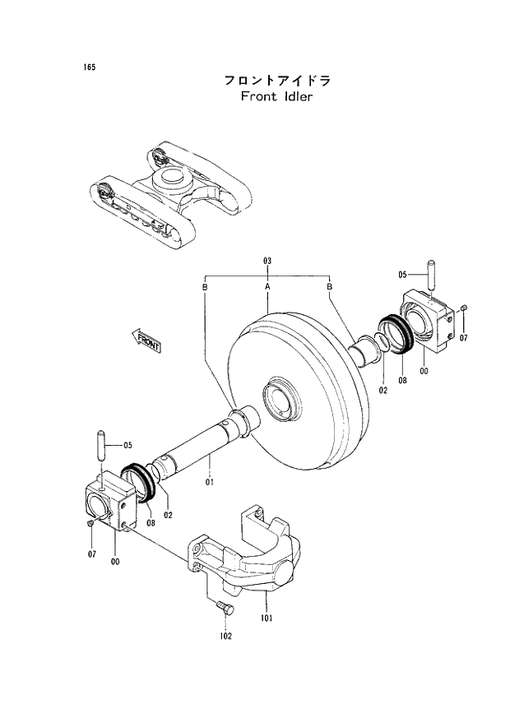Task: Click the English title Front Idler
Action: pos(277,96)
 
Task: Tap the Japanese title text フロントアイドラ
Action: pos(277,81)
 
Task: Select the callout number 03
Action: pos(267,261)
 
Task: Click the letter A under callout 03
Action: pos(267,286)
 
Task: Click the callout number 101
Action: pos(267,618)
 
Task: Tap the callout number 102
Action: pos(225,636)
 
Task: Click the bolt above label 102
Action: pos(224,609)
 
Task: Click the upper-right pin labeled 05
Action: pos(429,275)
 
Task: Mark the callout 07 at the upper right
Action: pos(463,338)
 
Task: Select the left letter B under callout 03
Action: pos(204,286)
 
